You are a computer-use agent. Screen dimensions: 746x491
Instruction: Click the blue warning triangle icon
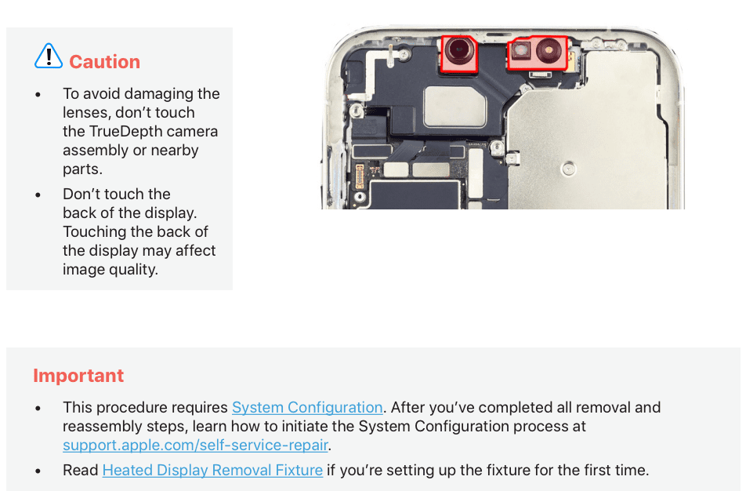49,56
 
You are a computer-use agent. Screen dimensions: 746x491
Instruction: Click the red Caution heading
105,62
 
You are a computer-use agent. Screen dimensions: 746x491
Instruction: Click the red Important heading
78,376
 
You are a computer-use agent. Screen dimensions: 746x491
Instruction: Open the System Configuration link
307,408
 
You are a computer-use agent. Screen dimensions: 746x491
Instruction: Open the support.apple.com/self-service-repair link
196,446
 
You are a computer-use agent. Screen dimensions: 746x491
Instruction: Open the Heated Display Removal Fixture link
212,471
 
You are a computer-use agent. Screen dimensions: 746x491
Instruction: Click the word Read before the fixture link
81,471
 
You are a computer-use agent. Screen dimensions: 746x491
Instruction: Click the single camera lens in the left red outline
459,50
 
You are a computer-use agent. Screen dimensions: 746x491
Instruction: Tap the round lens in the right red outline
549,50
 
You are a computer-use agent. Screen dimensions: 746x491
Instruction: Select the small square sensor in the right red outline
521,49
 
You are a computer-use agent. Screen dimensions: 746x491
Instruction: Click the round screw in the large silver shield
569,169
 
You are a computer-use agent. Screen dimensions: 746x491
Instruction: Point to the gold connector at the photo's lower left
360,176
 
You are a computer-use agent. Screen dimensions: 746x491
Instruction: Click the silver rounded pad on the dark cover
454,107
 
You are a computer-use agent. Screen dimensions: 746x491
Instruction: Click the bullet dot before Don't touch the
38,195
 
